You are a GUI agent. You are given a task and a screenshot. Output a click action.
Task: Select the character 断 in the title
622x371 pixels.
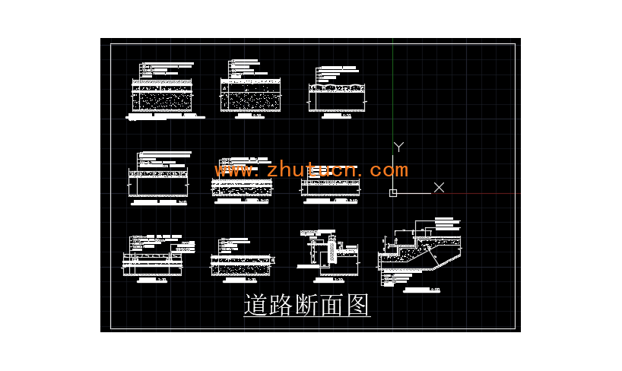[307, 306]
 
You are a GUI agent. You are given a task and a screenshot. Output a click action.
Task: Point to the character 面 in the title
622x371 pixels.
[332, 306]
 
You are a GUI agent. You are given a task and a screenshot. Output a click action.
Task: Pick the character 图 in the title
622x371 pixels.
[357, 306]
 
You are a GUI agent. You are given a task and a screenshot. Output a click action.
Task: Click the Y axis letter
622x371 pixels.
[398, 147]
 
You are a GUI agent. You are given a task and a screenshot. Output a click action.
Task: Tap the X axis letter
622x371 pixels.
[439, 187]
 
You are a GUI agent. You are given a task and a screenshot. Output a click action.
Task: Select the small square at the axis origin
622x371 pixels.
[393, 192]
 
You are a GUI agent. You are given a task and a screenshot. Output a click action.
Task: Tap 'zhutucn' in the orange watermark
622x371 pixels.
[313, 170]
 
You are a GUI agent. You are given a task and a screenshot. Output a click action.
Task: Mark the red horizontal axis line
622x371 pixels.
[479, 192]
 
